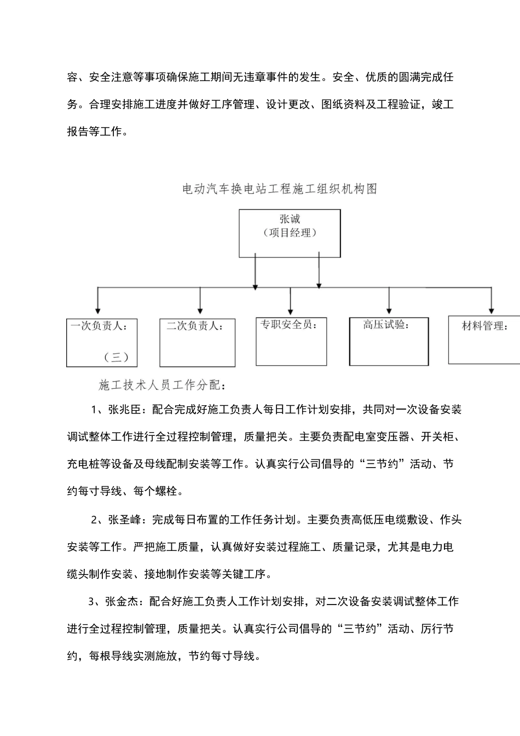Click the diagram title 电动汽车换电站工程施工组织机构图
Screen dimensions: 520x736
tap(279, 189)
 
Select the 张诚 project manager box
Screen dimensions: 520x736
tap(290, 233)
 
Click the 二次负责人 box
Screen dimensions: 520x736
tap(197, 343)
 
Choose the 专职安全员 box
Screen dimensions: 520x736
tap(291, 341)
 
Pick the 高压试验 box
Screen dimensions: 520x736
tap(389, 341)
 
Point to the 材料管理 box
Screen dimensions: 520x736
tap(484, 340)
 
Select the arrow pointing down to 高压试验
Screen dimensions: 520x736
tap(389, 307)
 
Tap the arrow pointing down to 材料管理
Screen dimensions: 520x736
tap(491, 307)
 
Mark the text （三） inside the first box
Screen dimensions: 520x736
tap(116, 358)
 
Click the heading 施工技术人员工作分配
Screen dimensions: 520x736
tap(162, 386)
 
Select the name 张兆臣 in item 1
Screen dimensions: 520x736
tap(125, 410)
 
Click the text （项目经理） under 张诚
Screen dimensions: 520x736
tap(290, 233)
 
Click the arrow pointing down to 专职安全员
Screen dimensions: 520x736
tap(290, 307)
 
